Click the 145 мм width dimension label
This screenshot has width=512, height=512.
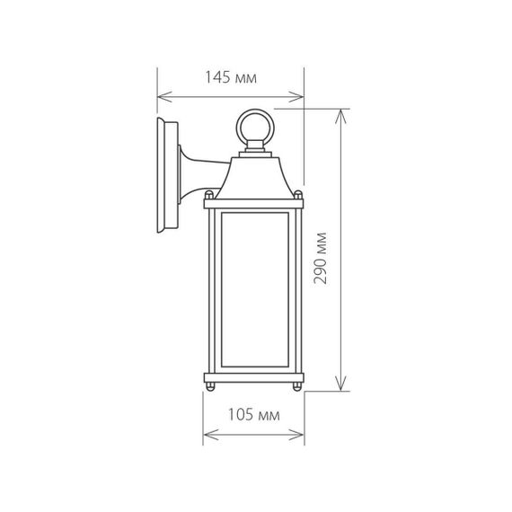point(231,79)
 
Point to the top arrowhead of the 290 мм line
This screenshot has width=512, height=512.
point(340,113)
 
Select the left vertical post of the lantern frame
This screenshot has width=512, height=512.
point(214,292)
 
